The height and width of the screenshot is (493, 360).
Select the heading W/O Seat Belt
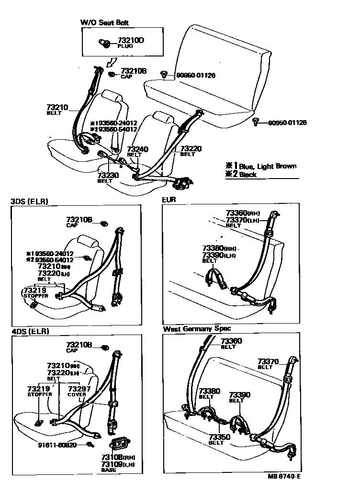(104, 22)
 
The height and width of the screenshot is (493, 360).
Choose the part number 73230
(108, 175)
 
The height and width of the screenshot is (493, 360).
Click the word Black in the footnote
(248, 175)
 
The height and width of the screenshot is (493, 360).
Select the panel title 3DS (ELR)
(30, 202)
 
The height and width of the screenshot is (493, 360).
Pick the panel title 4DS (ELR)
(30, 331)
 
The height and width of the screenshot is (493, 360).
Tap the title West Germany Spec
(196, 329)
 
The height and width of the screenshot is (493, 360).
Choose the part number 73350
(219, 437)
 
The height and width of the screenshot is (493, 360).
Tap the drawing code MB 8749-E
(284, 476)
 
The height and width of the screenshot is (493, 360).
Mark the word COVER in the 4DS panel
(77, 395)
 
